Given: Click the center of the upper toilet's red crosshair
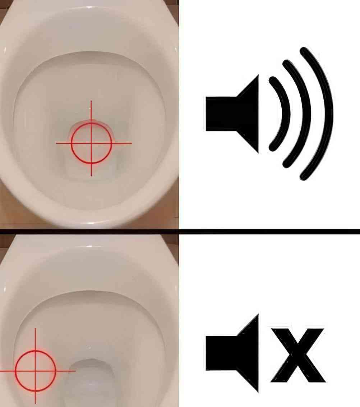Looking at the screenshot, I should click(91, 143).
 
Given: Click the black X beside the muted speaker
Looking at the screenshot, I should click(298, 354).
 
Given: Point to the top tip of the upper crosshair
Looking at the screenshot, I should click(91, 102).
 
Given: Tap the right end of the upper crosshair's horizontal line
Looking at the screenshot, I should click(131, 143).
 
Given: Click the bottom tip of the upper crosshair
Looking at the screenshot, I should click(91, 175).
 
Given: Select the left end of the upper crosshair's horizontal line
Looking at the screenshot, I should click(57, 143).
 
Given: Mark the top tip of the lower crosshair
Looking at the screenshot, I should click(35, 329).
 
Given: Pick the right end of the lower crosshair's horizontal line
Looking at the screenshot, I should click(75, 370).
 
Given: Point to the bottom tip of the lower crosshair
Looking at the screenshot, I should click(35, 403).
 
